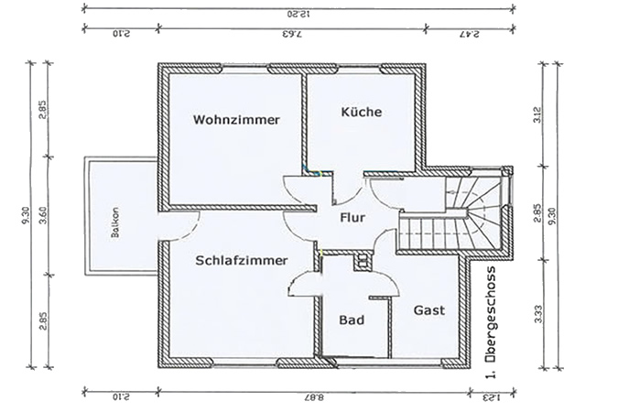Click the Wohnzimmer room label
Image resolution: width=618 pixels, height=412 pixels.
point(236,120)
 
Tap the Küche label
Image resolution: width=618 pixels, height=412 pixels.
point(361,112)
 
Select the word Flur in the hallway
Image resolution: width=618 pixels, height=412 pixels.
point(352,218)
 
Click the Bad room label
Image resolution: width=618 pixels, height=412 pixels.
point(352,320)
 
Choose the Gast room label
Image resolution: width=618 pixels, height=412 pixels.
point(428,310)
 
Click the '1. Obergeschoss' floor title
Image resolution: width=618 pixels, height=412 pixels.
point(492,321)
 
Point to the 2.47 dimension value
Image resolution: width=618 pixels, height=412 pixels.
point(470,36)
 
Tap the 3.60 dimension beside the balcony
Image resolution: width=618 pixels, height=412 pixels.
point(42,219)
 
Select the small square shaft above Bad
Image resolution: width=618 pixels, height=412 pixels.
point(362,262)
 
